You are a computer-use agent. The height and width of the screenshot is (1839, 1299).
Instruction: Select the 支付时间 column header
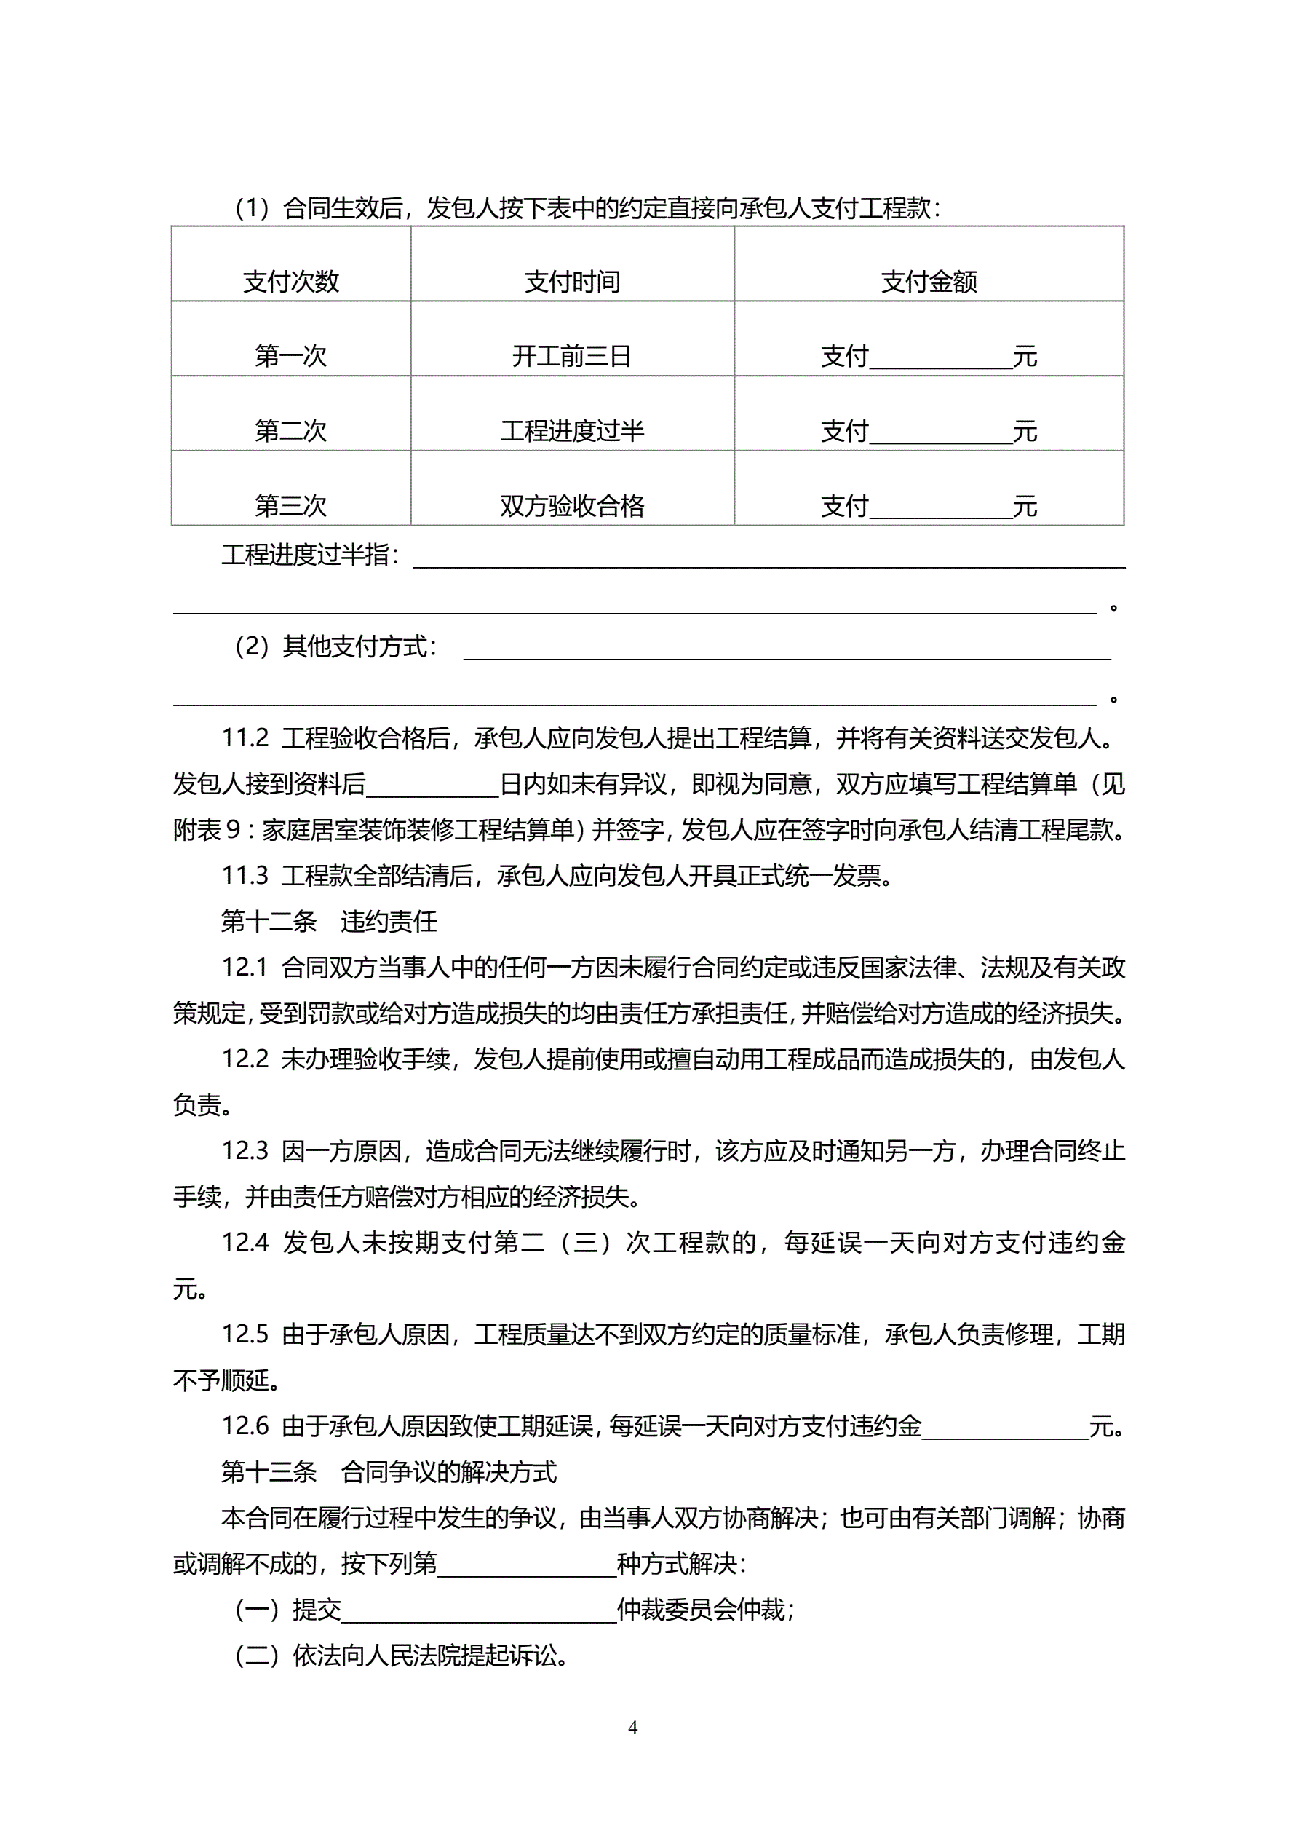[x=572, y=281]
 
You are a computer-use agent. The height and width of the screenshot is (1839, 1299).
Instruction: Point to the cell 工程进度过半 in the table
[x=572, y=430]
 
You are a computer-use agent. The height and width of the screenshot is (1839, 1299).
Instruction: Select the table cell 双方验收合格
[x=572, y=505]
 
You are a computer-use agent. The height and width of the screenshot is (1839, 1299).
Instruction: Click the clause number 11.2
[x=245, y=737]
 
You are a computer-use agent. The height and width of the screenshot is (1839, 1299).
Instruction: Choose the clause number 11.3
[x=245, y=875]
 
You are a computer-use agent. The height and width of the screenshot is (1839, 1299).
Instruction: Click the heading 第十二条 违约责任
[x=328, y=921]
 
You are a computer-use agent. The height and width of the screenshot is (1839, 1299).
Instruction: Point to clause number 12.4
[x=245, y=1242]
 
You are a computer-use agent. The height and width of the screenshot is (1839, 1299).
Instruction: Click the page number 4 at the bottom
[x=632, y=1728]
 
